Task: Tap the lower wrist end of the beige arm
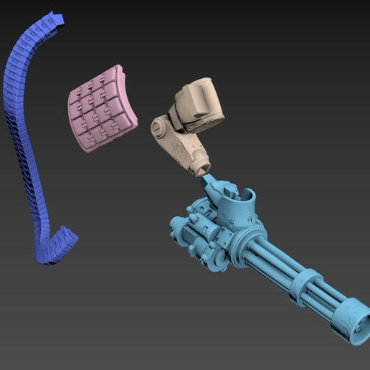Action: point(199,169)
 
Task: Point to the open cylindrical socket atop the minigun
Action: point(247,200)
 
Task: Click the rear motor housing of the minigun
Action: point(194,229)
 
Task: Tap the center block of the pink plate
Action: point(102,109)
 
